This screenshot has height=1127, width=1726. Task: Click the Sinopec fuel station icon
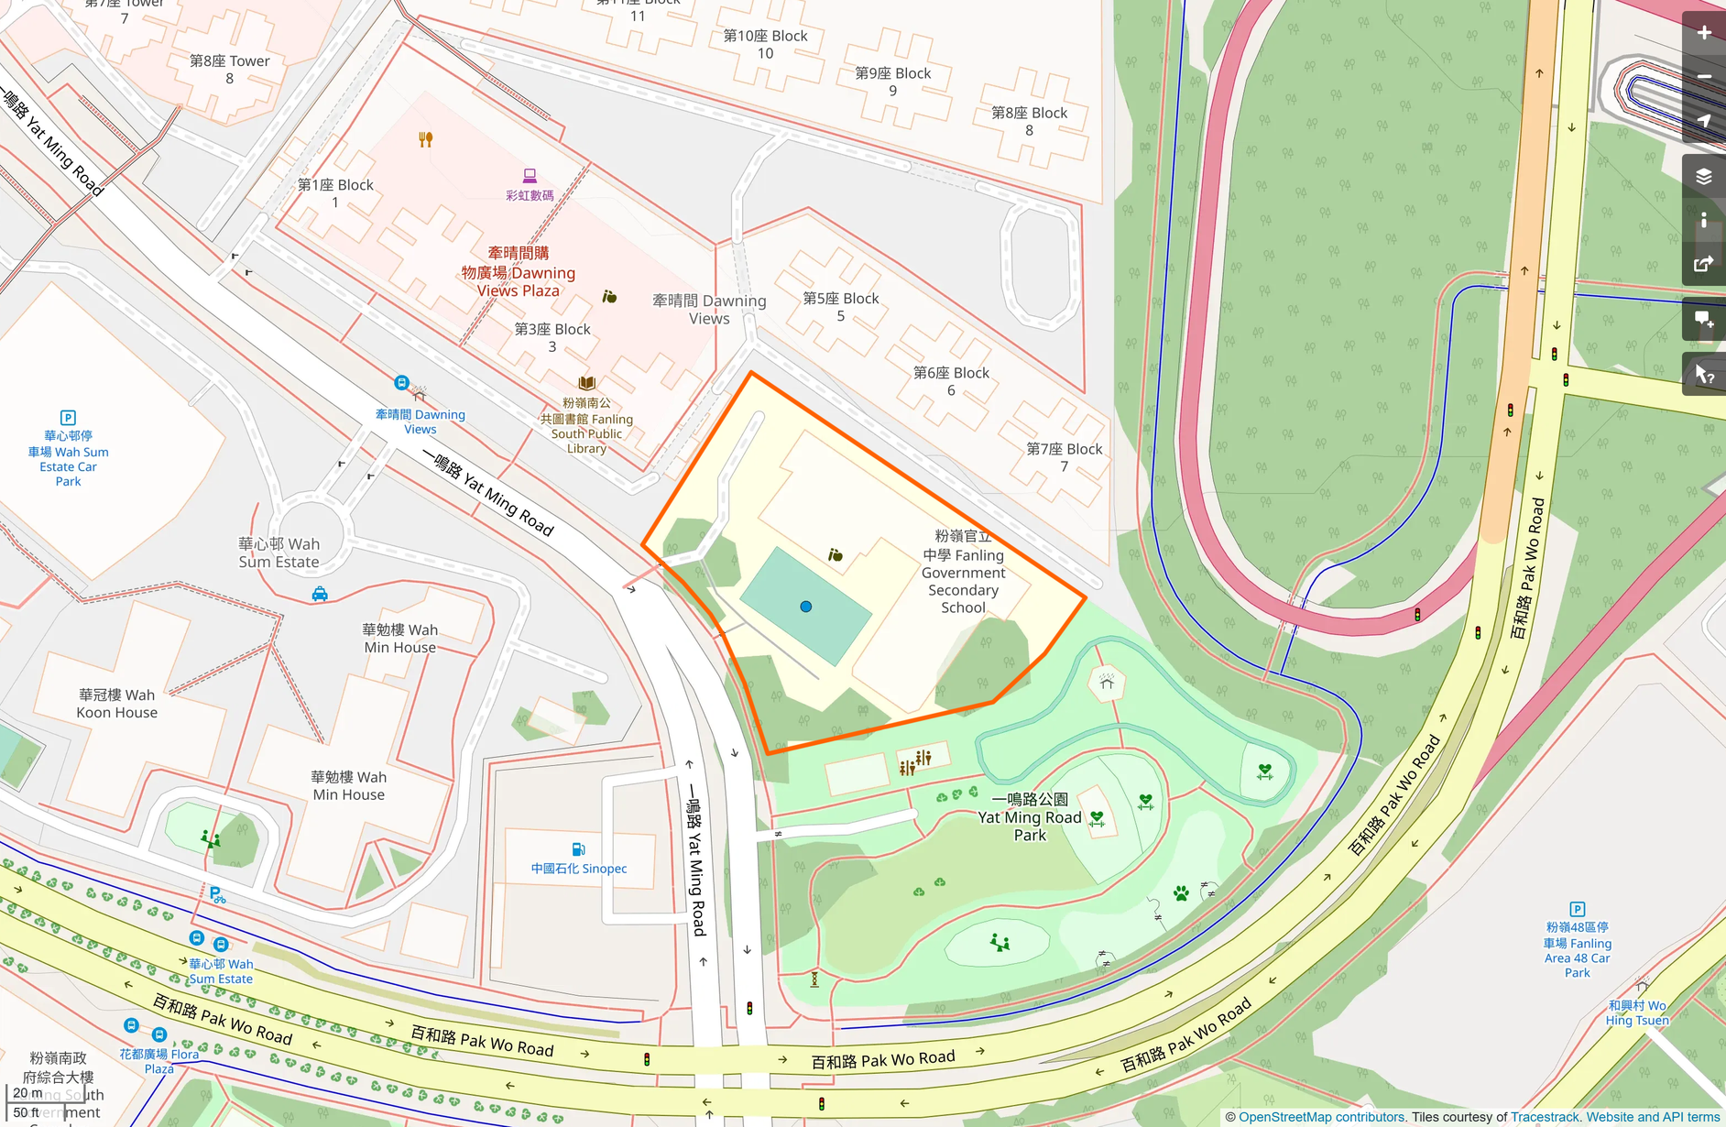click(x=578, y=849)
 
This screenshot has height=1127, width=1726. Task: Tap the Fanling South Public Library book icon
click(x=586, y=383)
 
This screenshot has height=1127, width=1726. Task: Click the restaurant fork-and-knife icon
click(x=425, y=139)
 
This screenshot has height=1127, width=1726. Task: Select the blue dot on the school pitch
click(x=806, y=607)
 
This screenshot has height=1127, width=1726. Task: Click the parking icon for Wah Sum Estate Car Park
click(x=68, y=418)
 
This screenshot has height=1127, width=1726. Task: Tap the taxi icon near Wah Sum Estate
click(x=320, y=594)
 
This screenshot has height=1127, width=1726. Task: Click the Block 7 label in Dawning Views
click(x=1064, y=457)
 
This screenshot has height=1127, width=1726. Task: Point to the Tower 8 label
click(x=229, y=70)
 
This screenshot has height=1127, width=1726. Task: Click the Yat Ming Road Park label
click(x=1030, y=817)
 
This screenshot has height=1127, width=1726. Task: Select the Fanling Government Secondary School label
click(x=963, y=572)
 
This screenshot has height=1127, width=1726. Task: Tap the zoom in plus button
click(x=1703, y=33)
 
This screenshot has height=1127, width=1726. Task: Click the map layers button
click(x=1703, y=176)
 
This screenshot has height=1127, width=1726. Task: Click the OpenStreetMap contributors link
click(x=1321, y=1117)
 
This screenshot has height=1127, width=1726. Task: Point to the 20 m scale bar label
click(x=27, y=1092)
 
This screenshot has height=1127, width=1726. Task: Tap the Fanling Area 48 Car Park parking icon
click(x=1577, y=909)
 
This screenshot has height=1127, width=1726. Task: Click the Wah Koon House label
click(x=117, y=704)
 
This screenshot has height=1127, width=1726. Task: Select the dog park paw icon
click(x=1181, y=893)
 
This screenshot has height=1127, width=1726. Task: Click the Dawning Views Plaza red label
click(x=519, y=272)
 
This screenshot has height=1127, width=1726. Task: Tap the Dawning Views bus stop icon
click(x=401, y=383)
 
